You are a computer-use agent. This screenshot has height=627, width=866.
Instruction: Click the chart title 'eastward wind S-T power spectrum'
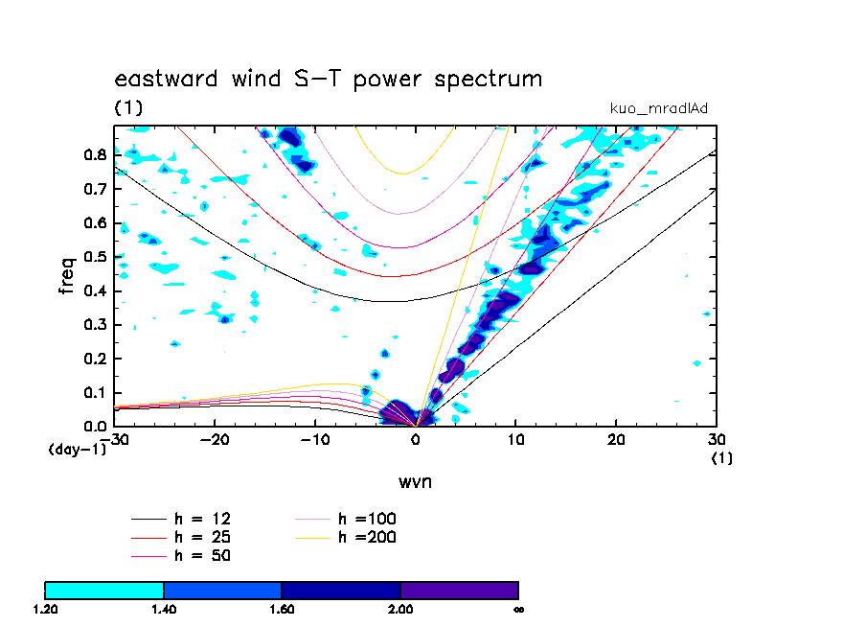point(329,79)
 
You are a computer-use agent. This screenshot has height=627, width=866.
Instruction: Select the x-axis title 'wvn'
point(415,481)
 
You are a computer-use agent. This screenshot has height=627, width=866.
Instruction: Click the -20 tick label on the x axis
point(215,439)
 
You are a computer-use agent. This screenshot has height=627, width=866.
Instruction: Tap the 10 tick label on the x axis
point(515,439)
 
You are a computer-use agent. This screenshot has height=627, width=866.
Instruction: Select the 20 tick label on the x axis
point(616,439)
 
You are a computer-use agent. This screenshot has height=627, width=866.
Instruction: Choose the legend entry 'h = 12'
point(201,519)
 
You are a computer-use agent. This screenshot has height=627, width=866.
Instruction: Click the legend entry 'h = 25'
point(201,537)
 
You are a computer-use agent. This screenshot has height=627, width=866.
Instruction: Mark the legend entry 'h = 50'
point(201,555)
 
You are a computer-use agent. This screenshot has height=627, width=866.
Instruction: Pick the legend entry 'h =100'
point(367,519)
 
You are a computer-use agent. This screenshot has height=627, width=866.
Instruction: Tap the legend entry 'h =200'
point(367,537)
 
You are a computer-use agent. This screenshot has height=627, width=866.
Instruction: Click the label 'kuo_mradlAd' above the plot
point(659,108)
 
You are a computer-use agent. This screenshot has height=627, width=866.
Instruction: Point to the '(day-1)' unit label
point(77,450)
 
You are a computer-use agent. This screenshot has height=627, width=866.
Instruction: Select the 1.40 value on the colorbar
point(164,609)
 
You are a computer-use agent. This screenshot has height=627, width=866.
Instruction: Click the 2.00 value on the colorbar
point(400,609)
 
